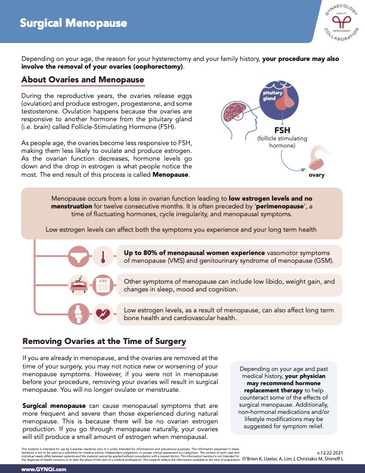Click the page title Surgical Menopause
(x=73, y=23)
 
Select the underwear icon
(x=79, y=256)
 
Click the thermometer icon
(x=103, y=256)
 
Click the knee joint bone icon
(x=79, y=313)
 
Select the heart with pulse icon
(x=103, y=313)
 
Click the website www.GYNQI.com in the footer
(x=44, y=469)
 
